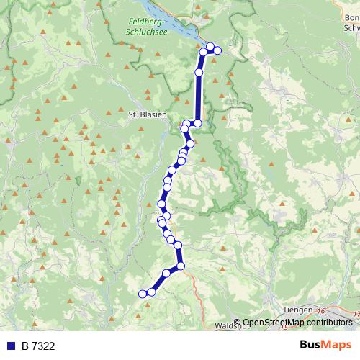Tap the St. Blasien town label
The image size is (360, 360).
click(x=147, y=114)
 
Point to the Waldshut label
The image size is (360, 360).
click(x=231, y=325)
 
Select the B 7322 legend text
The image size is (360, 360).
click(x=38, y=346)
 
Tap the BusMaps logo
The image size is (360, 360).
click(x=325, y=345)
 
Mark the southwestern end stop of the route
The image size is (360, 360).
click(x=143, y=294)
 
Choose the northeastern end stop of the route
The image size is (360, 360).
click(x=217, y=49)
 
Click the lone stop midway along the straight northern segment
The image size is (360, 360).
click(x=199, y=73)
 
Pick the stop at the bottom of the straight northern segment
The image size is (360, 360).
click(x=198, y=123)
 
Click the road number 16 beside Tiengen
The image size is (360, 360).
click(x=321, y=309)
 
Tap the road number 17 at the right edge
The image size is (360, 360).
click(x=356, y=314)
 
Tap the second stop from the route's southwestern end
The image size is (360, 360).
click(x=152, y=292)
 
